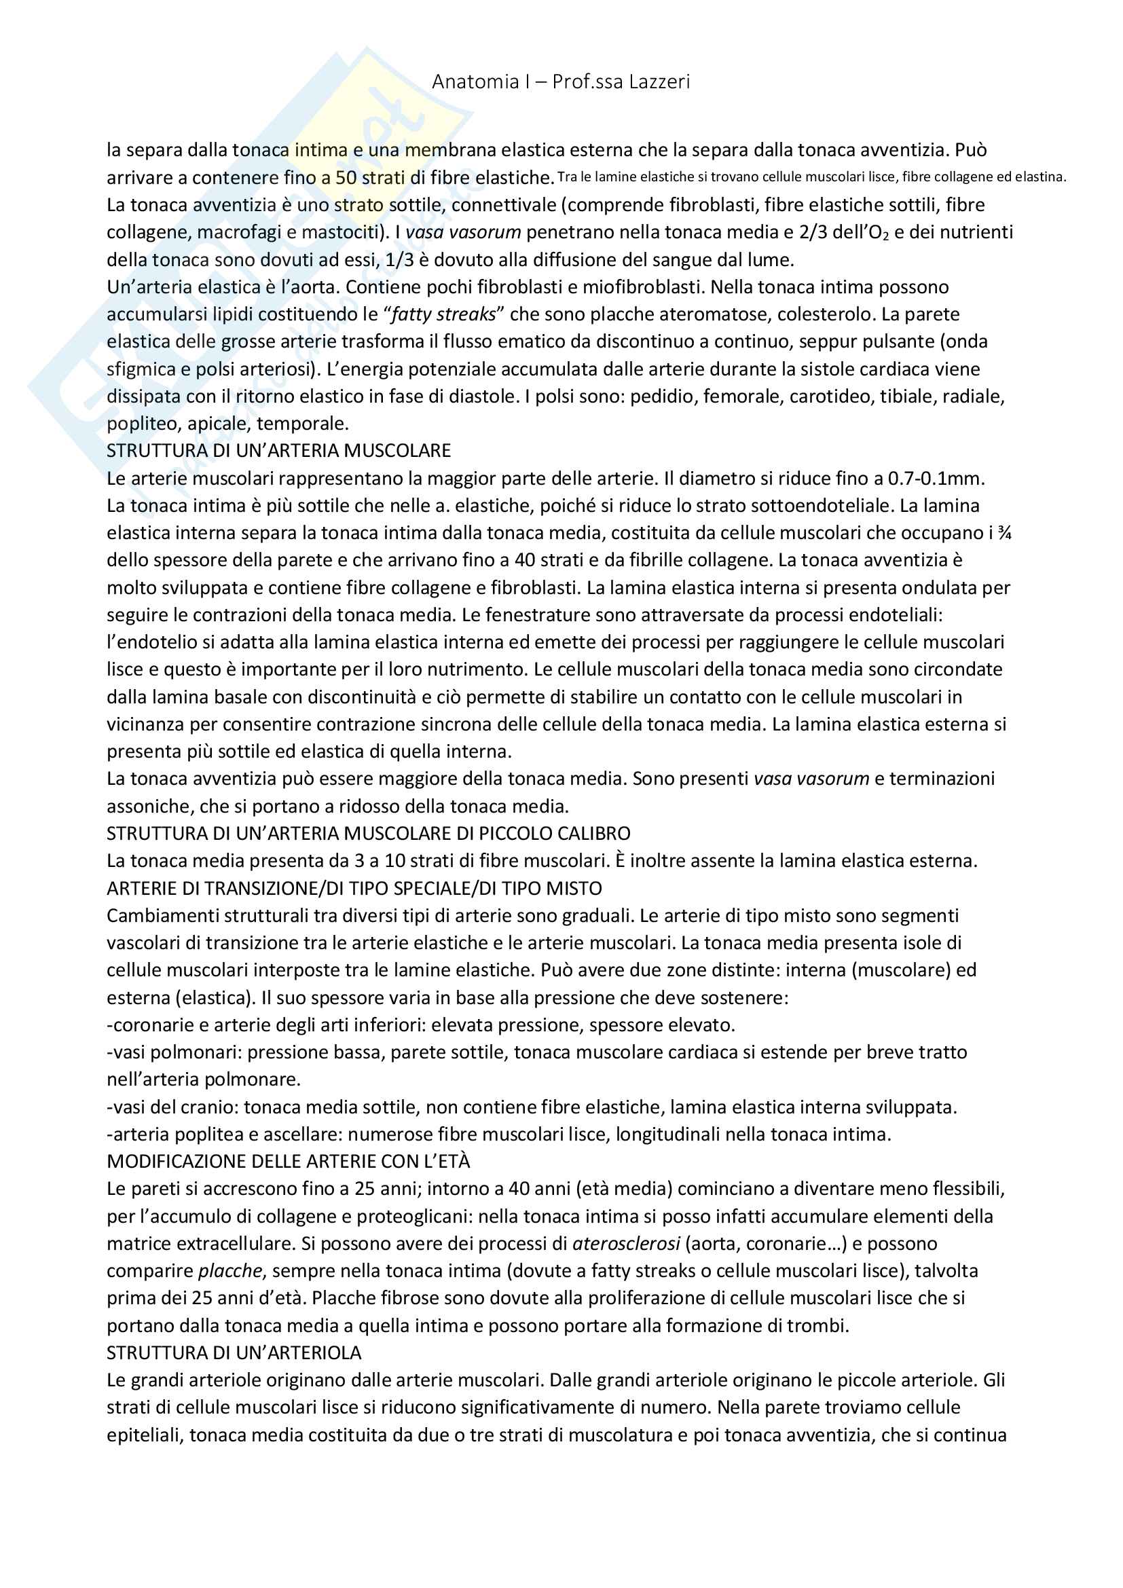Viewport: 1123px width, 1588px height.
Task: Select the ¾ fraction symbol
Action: coord(1005,533)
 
